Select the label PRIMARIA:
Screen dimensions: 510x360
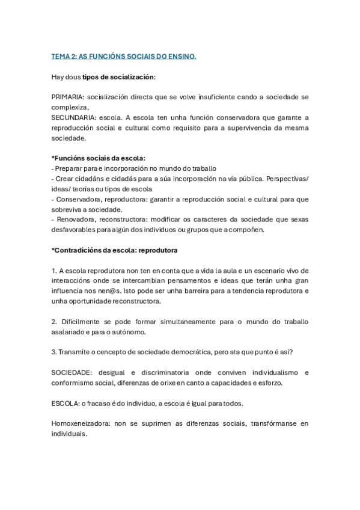68,97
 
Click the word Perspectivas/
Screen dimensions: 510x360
288,179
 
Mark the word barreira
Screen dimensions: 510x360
217,290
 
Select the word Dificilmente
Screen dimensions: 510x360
82,321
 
